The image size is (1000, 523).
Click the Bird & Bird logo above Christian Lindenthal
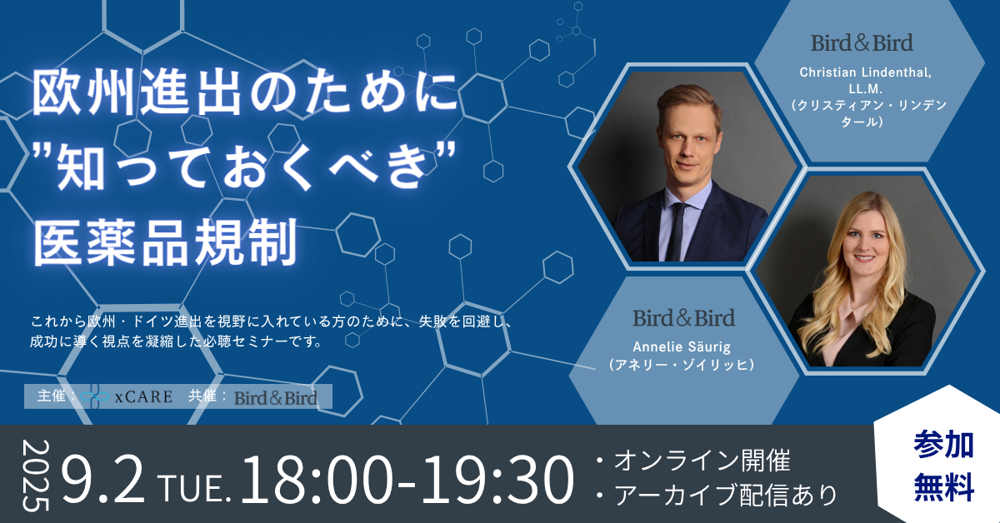pos(862,42)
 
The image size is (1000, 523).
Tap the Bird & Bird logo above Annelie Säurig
pos(683,318)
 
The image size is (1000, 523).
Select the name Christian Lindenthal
pos(865,72)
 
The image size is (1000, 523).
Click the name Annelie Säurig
pos(682,346)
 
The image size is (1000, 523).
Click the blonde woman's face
pos(865,241)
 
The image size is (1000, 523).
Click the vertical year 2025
pos(35,475)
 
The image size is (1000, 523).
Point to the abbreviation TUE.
pos(195,489)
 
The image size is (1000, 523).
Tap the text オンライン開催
pos(702,460)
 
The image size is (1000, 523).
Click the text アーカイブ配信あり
pos(726,495)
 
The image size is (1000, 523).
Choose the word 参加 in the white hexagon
pos(943,445)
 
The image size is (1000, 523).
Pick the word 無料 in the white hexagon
pos(943,486)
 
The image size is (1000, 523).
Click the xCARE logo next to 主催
pos(127,396)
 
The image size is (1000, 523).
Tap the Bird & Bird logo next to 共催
pos(276,398)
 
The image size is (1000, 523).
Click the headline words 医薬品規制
pos(166,242)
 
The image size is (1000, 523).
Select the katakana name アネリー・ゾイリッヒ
pos(682,365)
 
